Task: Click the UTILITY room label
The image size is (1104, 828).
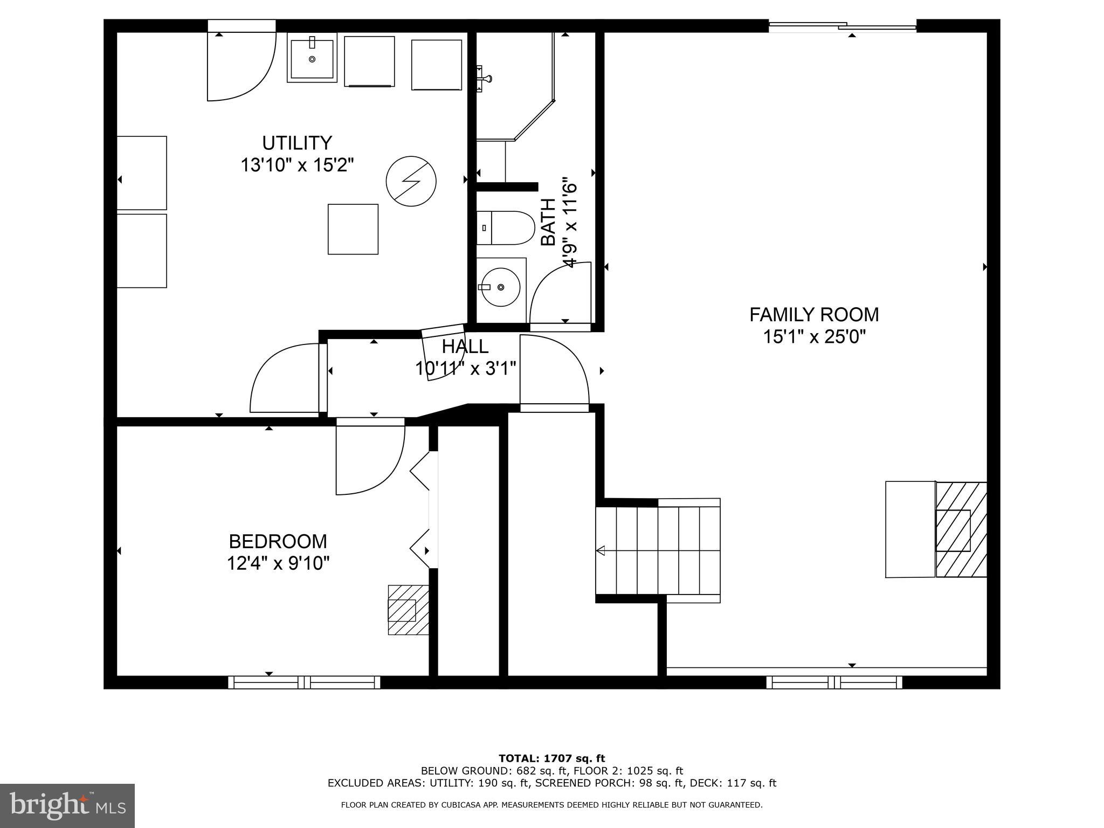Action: [297, 143]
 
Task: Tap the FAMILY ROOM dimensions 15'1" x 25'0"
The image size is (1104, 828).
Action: [814, 337]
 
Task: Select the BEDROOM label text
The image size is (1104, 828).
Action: [278, 541]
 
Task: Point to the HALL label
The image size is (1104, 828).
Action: [465, 346]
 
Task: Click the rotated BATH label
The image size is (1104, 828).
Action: [548, 222]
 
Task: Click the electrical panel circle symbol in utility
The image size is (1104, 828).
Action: [411, 181]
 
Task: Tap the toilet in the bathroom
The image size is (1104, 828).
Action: [505, 227]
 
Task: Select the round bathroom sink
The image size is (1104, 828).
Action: [501, 287]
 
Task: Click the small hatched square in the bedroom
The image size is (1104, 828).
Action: [408, 610]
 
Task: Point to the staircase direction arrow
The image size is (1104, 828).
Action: [601, 550]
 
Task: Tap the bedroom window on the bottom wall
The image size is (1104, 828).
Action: [304, 682]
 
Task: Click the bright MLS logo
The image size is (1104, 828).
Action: [67, 806]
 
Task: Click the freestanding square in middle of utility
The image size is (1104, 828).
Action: [353, 229]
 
